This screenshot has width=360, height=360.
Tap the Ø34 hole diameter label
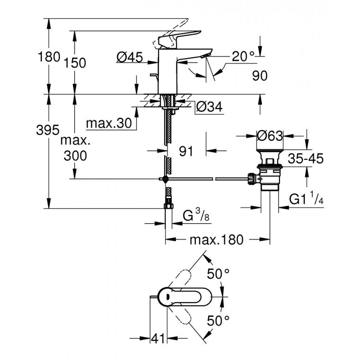click(x=209, y=106)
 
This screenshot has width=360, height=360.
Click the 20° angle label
click(x=243, y=57)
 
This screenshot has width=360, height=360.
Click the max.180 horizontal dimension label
click(x=216, y=240)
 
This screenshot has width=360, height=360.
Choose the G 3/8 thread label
click(x=196, y=216)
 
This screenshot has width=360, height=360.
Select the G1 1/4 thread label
click(x=306, y=199)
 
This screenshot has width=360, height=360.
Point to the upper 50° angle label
click(x=218, y=274)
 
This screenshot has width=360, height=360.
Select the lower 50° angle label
click(x=218, y=320)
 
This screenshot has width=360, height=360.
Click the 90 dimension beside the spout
click(x=260, y=76)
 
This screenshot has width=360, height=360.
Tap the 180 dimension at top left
click(x=49, y=57)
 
